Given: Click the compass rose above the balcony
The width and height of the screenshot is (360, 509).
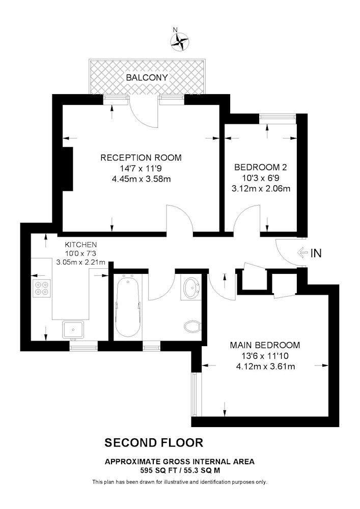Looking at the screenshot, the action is point(180,42).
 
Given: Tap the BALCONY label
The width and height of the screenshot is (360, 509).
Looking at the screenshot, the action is point(147,77).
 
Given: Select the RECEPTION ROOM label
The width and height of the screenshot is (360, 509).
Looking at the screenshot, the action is point(141,158).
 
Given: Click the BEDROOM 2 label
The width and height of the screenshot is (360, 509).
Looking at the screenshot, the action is point(261,167).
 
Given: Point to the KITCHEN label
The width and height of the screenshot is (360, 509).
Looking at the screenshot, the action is point(80,244).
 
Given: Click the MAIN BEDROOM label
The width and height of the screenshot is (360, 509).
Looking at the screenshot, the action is point(265,345).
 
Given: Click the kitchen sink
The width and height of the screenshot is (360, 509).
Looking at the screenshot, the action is point(73,330).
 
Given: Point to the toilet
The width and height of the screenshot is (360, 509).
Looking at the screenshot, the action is point(193,326).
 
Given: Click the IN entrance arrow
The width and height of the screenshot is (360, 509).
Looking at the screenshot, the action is point(302,252).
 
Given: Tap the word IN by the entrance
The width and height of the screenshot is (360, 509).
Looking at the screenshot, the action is point(316,253).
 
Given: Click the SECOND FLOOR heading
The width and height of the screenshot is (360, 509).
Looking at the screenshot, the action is point(154,443).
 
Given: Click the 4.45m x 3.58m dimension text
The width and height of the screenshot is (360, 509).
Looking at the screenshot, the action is point(141,179).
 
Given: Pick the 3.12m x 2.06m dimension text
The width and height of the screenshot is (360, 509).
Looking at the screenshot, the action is point(261,189).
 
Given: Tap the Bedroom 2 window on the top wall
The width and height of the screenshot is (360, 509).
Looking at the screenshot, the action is point(278,119).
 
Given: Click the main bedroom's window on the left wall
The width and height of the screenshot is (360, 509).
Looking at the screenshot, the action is point(195,394).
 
